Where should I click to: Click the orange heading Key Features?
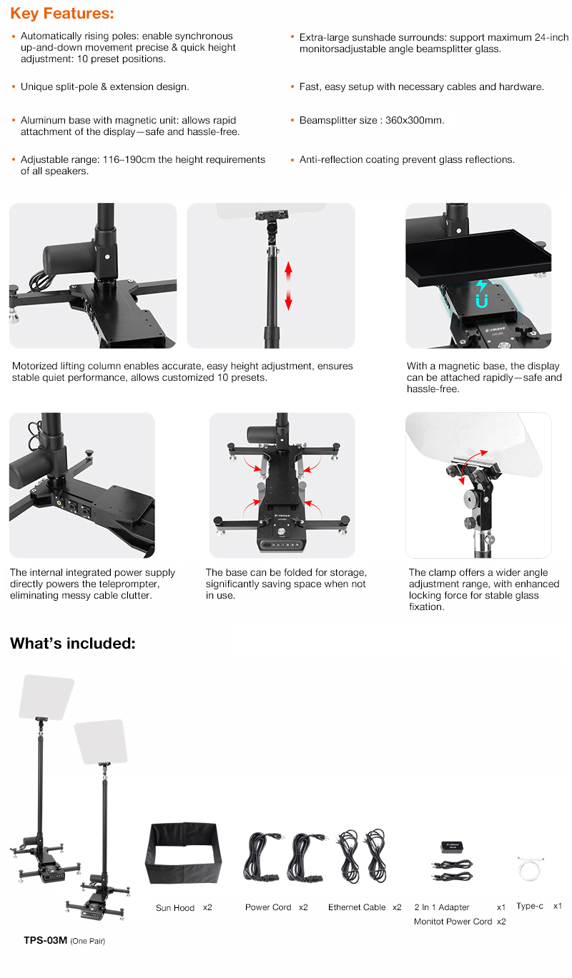[62, 14]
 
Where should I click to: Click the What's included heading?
[73, 643]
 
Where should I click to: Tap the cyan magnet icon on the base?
[481, 294]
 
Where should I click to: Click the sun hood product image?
[184, 853]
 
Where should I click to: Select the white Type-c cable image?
[530, 869]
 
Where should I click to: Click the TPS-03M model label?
[46, 940]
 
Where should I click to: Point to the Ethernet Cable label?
[357, 907]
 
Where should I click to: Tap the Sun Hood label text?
[175, 908]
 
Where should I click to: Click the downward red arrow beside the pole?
[288, 299]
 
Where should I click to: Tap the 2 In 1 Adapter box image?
[452, 847]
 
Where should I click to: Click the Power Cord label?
[268, 907]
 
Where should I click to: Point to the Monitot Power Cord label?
[453, 922]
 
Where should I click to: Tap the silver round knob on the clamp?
[472, 497]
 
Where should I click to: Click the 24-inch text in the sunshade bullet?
[551, 38]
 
